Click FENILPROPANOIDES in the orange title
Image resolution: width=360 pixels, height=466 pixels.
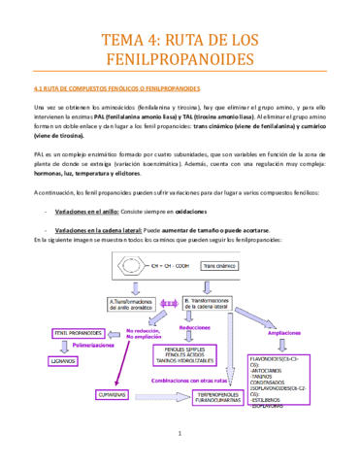180,62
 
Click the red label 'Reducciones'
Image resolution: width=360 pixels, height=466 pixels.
192,331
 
